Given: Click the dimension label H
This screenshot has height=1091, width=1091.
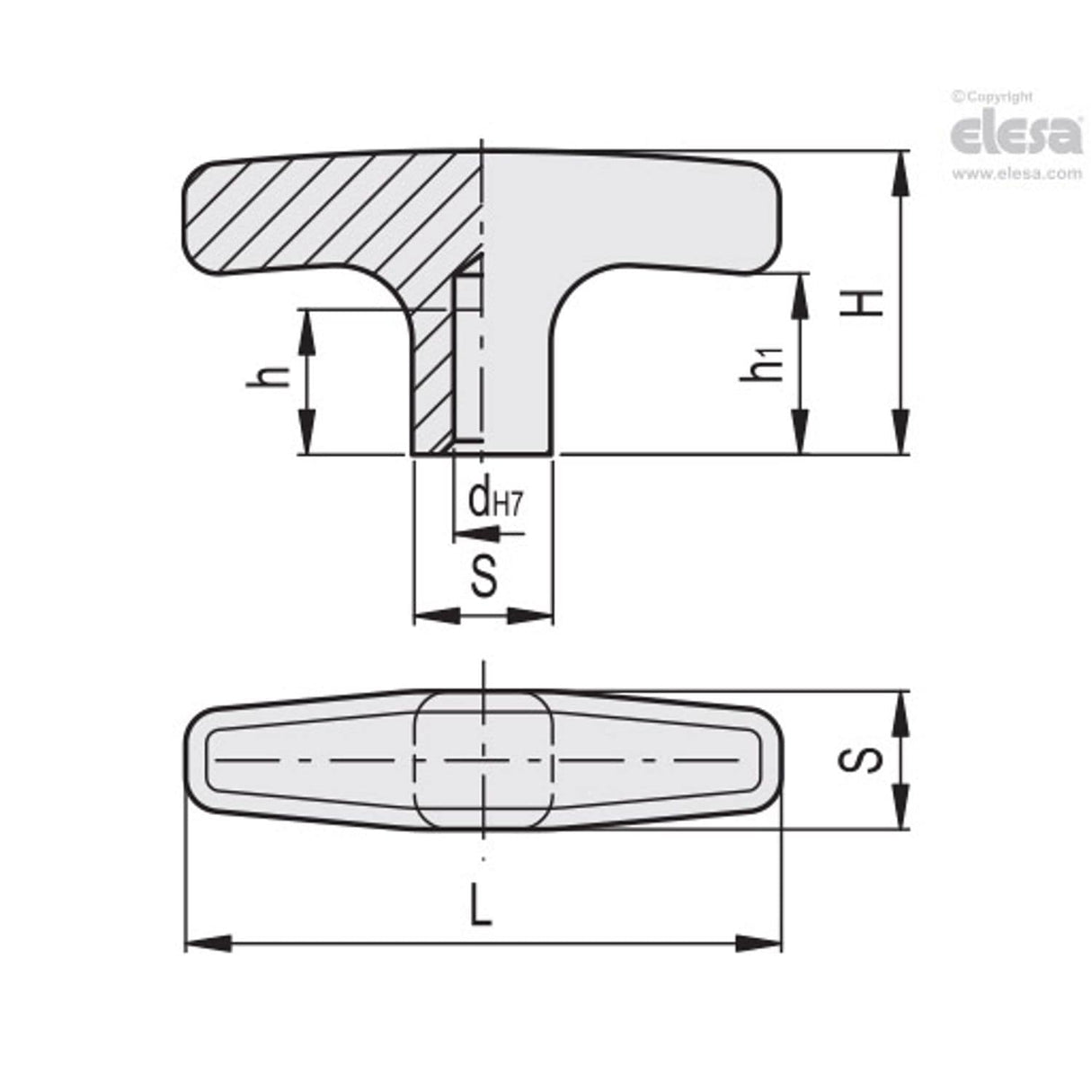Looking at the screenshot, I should tap(862, 303).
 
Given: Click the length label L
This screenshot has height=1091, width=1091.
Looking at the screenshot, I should tap(482, 908).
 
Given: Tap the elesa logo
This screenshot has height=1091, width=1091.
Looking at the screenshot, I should tap(1016, 136).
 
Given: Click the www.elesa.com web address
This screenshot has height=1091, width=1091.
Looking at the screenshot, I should tap(1016, 174).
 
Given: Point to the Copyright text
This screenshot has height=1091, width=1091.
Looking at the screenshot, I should tap(998, 97).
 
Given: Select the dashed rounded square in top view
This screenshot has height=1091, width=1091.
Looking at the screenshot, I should tap(483, 760).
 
